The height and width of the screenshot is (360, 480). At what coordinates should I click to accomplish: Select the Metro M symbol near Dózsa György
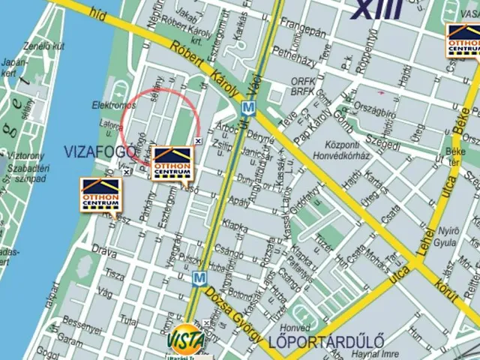click(x=199, y=278)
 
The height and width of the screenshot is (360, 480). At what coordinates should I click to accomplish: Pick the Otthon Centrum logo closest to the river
click(x=101, y=195)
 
